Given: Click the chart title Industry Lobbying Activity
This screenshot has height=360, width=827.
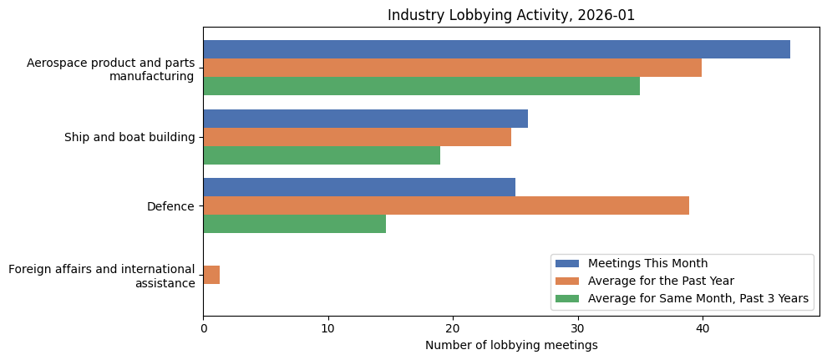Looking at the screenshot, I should (x=511, y=16).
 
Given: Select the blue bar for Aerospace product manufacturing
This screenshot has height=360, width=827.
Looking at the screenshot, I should (x=496, y=49).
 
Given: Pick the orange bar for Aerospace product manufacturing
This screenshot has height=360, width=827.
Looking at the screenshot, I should (x=452, y=68).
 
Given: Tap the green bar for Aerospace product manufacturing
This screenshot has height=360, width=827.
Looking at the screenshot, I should (x=421, y=86).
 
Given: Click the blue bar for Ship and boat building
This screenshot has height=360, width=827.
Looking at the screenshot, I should (x=365, y=119).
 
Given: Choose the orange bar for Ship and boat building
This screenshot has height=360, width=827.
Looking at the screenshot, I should (x=357, y=137).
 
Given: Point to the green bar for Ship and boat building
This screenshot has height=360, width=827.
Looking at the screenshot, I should (x=322, y=155).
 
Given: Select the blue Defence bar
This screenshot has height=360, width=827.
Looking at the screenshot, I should (x=359, y=187).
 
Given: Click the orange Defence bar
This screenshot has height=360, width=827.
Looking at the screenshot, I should (x=446, y=205).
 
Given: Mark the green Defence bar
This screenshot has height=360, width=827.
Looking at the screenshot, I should (x=294, y=224).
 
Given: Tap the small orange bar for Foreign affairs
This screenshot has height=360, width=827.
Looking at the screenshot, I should (x=211, y=275).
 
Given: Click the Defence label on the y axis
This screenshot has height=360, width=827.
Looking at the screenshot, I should (x=170, y=206).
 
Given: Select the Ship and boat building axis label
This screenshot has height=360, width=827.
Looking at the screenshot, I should (x=129, y=138).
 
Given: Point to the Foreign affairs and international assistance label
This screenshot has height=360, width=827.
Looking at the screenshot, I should (x=101, y=276).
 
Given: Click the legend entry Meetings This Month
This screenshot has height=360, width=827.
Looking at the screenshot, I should (x=647, y=264).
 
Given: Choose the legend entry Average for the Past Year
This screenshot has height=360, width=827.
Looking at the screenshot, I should (x=661, y=281).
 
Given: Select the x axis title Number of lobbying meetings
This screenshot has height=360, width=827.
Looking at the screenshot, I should (x=511, y=346).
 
